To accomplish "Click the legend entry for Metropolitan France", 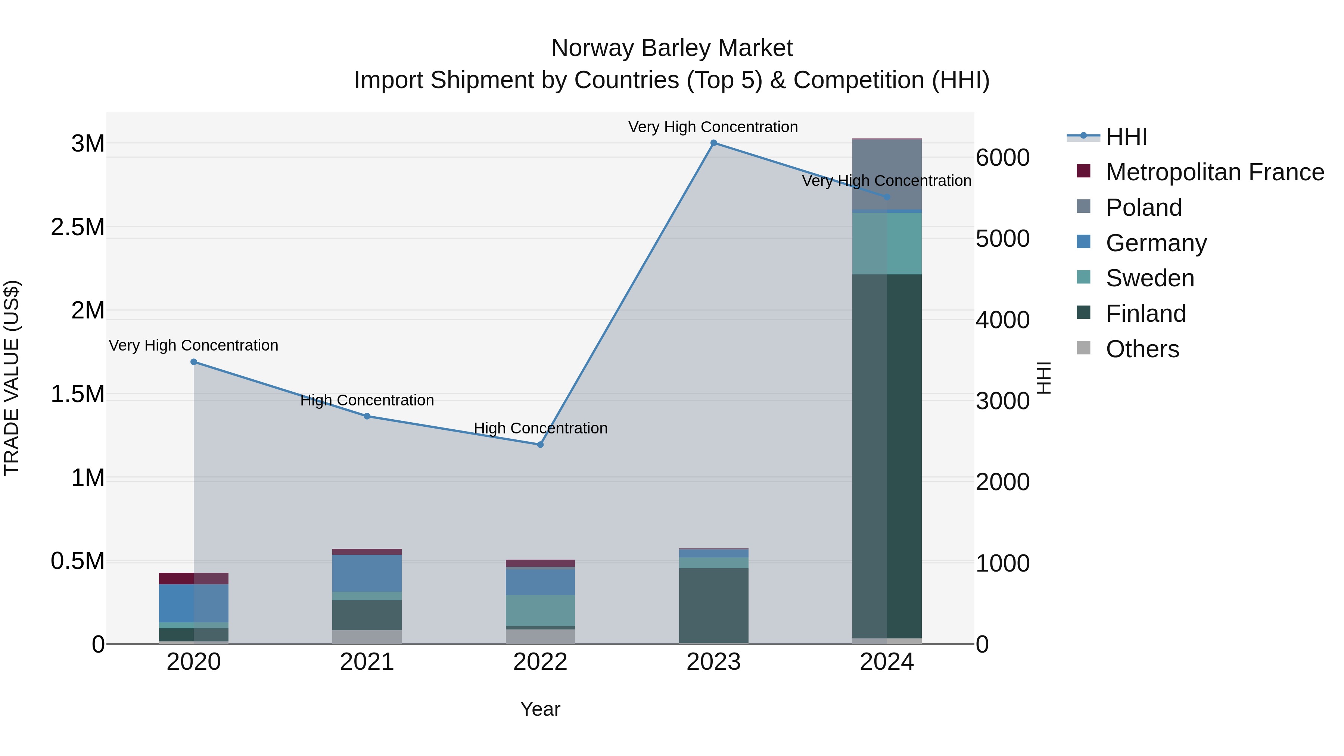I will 1214,172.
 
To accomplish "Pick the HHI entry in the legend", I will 1126,137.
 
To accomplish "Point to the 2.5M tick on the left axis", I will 78,227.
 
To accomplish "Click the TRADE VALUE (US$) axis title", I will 12,378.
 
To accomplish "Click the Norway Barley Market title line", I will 672,48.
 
